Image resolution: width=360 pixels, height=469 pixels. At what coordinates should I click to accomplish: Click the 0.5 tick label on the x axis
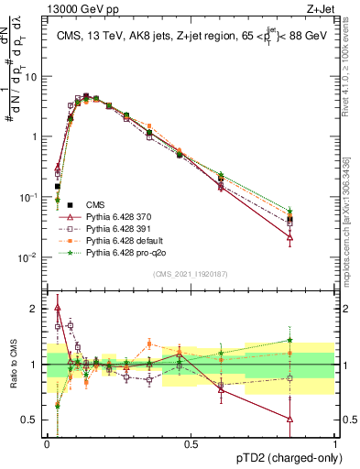coord(191,443)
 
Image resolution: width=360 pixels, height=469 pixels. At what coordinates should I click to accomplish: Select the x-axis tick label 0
coord(47,443)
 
